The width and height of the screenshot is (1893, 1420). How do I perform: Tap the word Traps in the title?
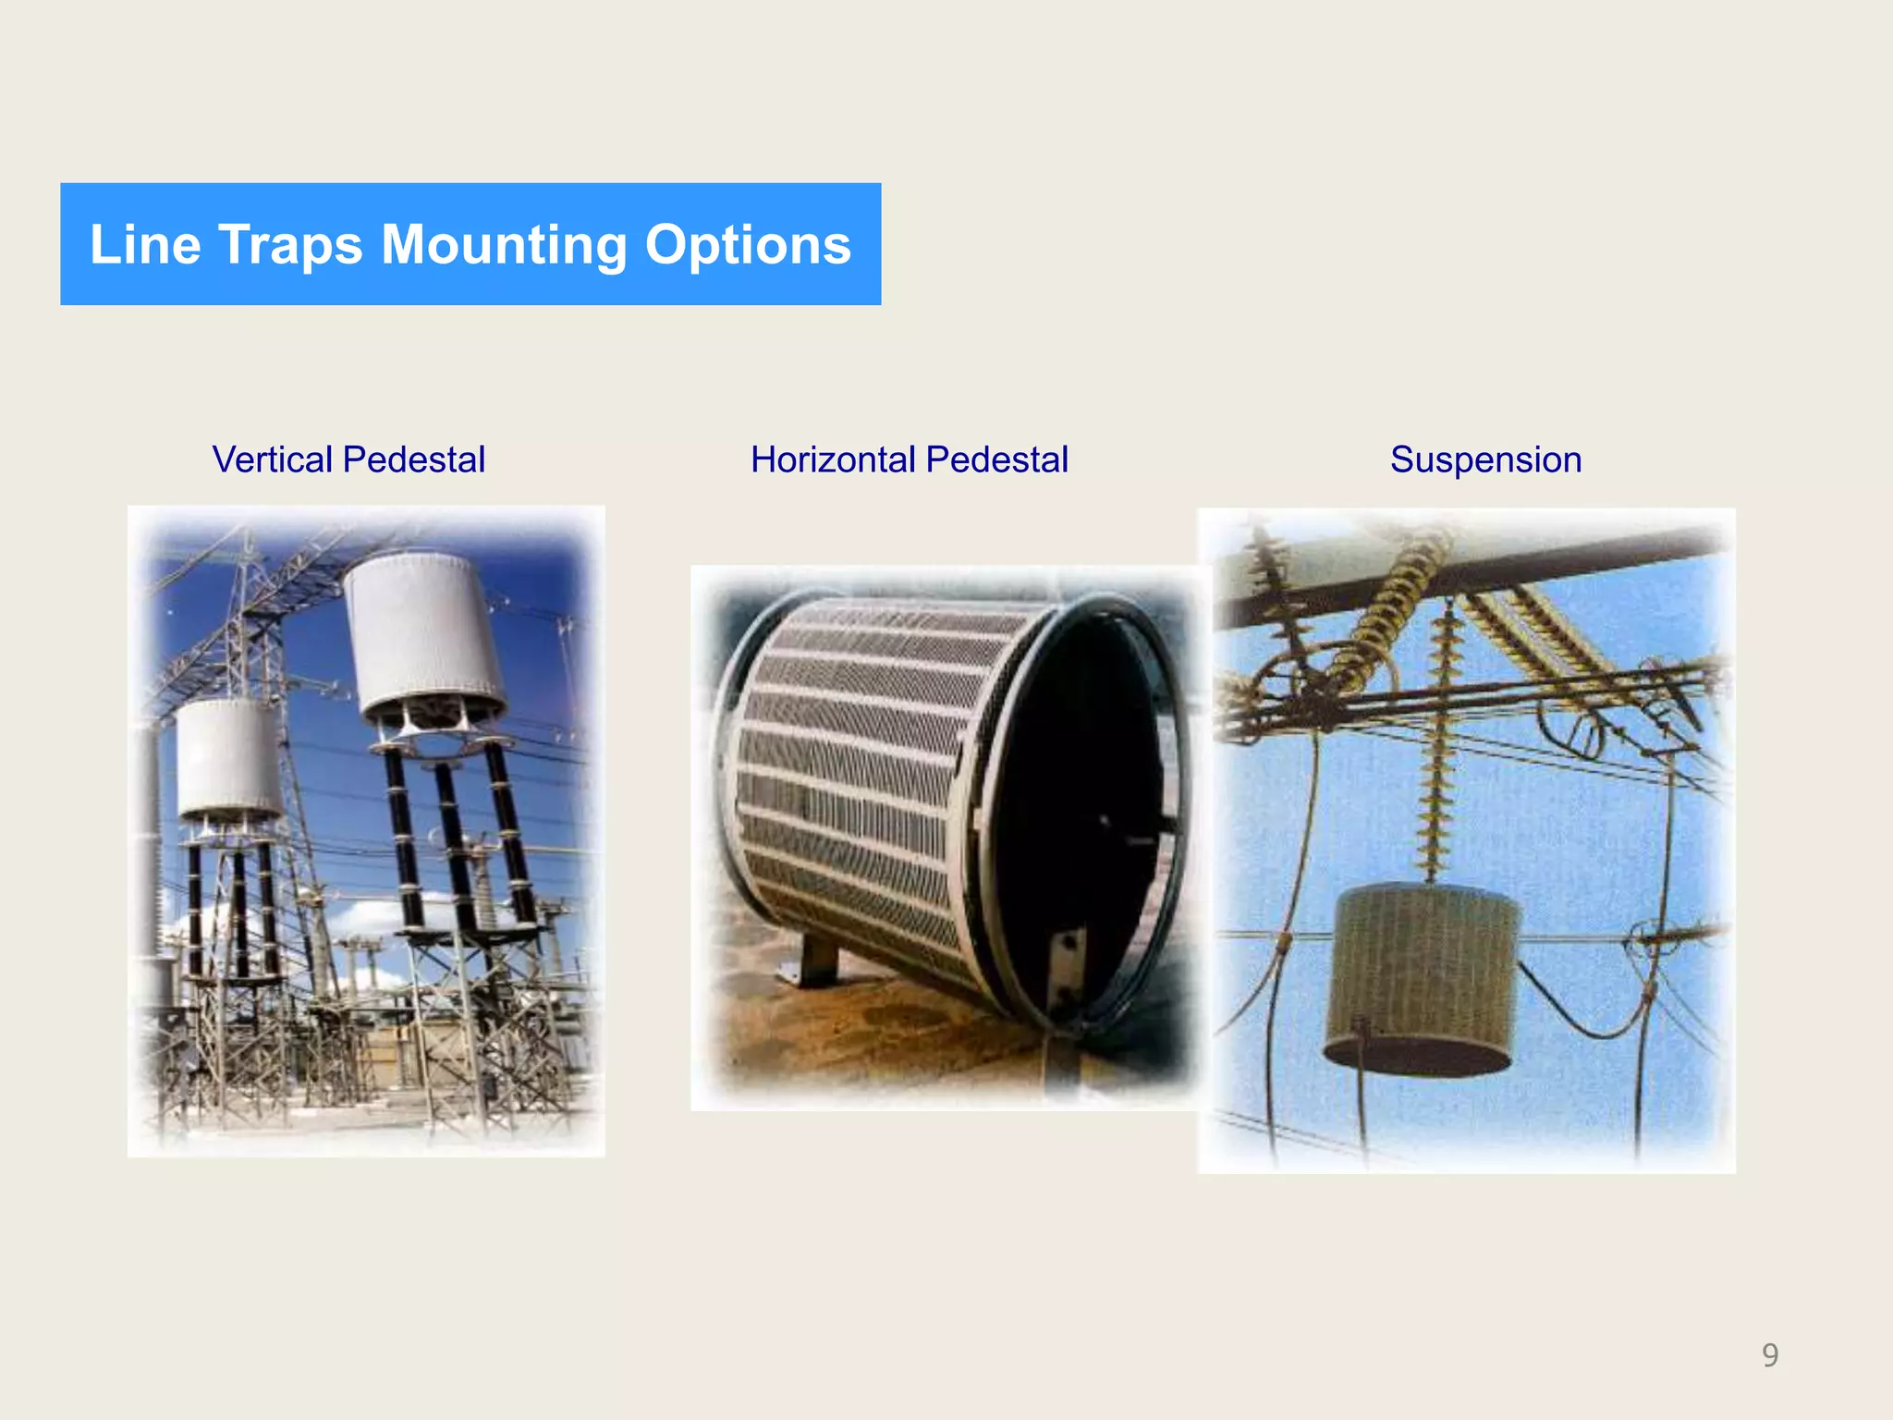coord(290,245)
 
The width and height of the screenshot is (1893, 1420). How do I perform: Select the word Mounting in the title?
coord(503,245)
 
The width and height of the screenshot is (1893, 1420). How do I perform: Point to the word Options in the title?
coord(747,245)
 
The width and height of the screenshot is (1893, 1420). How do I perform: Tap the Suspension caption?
coord(1485,459)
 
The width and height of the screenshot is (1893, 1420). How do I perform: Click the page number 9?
coord(1769,1354)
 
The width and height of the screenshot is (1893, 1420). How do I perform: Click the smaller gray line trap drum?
coord(228,758)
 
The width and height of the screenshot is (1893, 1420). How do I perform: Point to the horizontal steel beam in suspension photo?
coord(1479,578)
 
